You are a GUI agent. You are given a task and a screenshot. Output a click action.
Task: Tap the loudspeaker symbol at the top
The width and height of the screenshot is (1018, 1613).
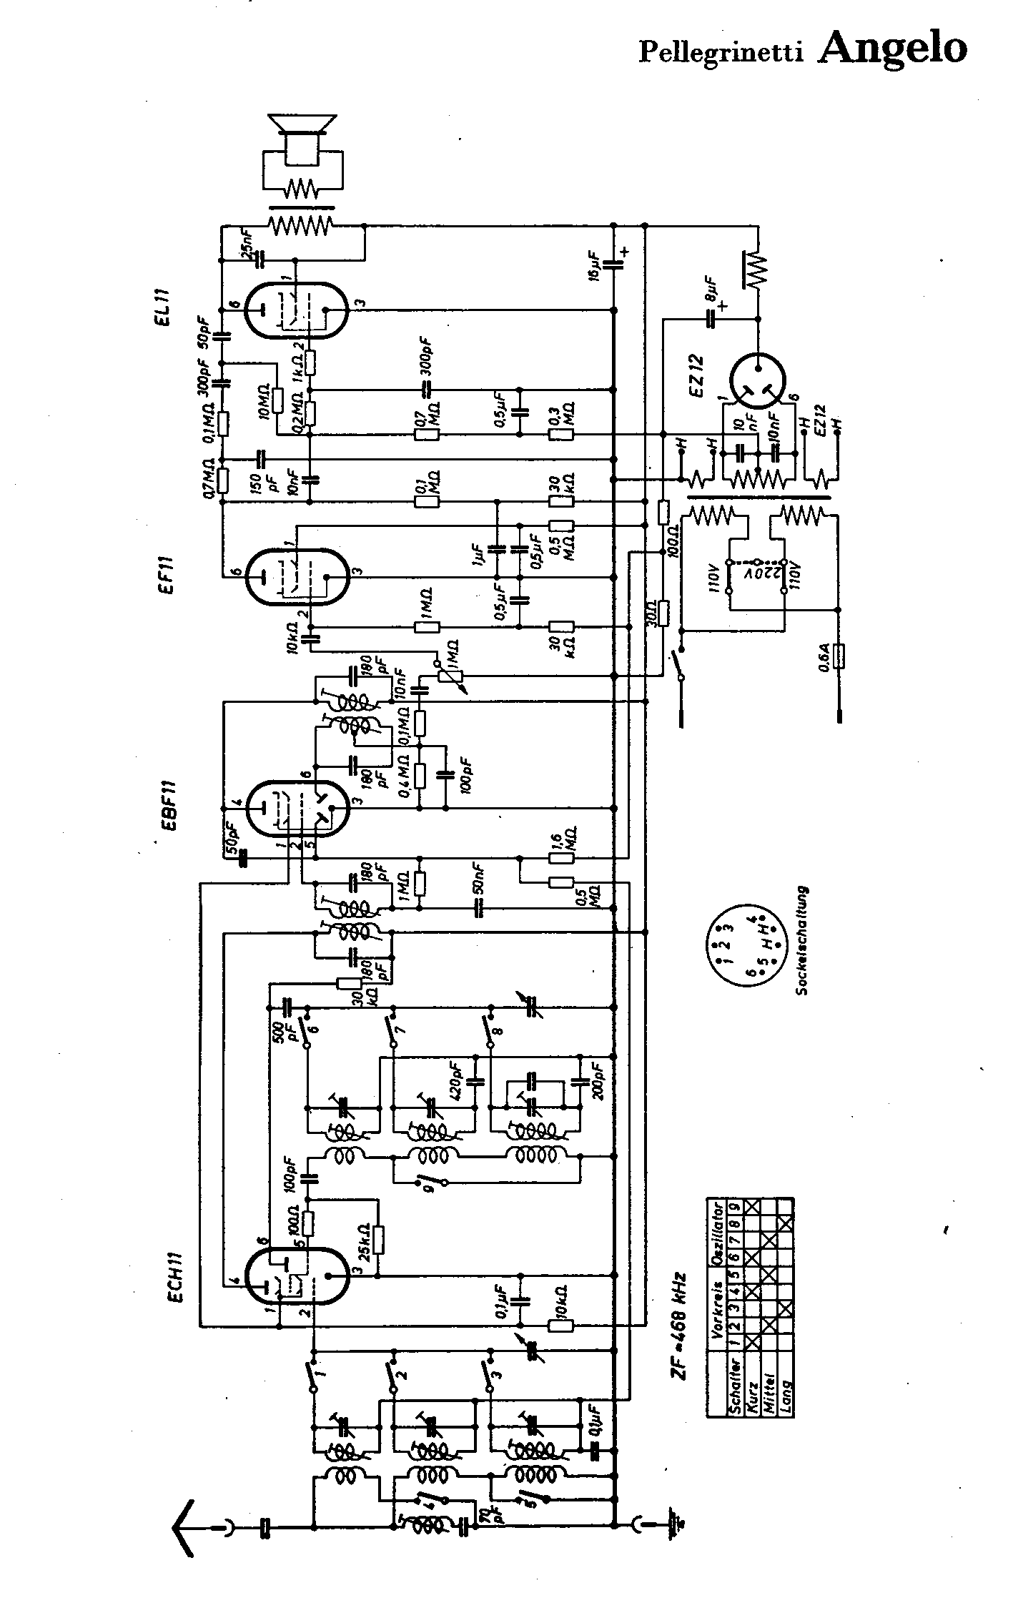303,136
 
